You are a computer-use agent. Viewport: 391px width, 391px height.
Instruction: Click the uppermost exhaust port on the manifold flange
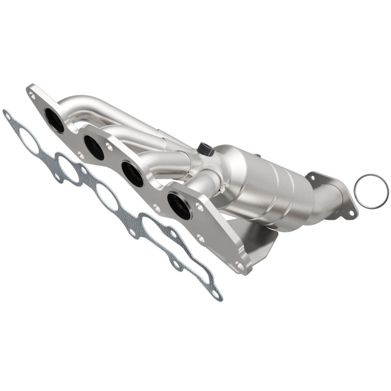[54, 120]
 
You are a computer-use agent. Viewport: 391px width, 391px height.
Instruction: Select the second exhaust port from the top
[93, 147]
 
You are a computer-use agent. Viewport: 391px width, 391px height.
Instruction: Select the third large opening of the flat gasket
[107, 195]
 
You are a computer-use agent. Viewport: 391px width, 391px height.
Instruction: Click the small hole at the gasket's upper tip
[7, 116]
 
